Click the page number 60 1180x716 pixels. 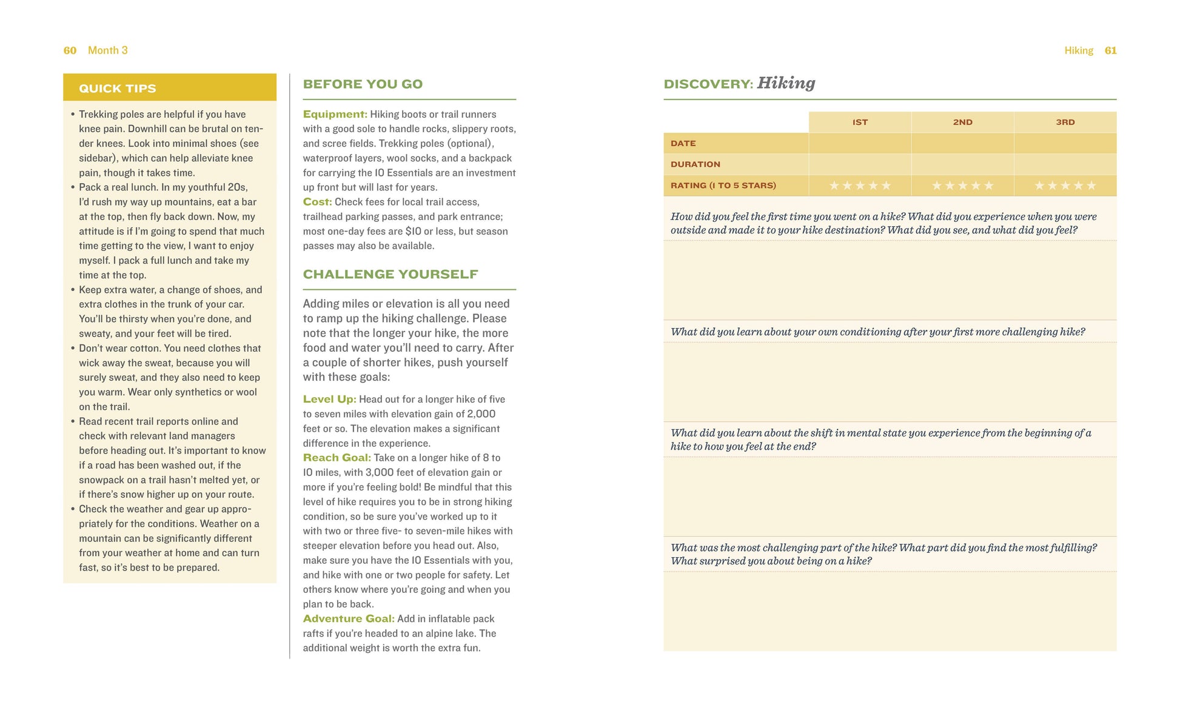tap(70, 50)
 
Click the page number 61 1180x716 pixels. tap(1110, 50)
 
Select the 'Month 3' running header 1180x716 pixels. tap(108, 50)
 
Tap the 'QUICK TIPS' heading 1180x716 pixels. tap(118, 89)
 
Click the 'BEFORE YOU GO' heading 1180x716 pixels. tap(363, 84)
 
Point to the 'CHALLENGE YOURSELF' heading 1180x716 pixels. tap(390, 274)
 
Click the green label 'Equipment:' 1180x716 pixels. tap(335, 114)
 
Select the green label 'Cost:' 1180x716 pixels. tap(317, 202)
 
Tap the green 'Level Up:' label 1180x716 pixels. tap(329, 399)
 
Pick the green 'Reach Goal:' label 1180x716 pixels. tap(337, 458)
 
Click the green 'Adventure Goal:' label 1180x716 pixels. tap(349, 618)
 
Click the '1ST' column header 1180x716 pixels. tap(860, 122)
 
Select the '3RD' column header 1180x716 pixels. tap(1065, 122)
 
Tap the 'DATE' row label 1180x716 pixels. tap(683, 144)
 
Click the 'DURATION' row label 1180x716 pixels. tap(695, 164)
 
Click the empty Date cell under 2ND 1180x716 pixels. tap(962, 144)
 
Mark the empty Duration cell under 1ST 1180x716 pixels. tap(860, 164)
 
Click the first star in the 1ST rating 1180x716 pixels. tap(834, 186)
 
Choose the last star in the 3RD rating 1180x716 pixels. tap(1091, 186)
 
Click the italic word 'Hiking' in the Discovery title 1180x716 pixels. tap(786, 83)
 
